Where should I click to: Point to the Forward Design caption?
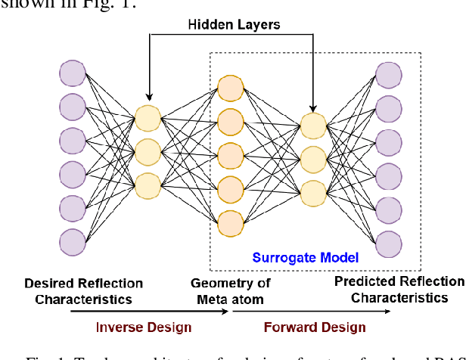click(x=314, y=327)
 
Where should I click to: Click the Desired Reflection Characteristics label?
click(x=83, y=291)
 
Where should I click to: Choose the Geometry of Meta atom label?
click(x=228, y=291)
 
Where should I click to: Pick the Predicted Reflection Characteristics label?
click(x=399, y=290)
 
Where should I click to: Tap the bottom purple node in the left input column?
click(x=73, y=241)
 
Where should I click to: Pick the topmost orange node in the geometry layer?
click(x=230, y=87)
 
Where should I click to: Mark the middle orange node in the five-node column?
click(x=230, y=154)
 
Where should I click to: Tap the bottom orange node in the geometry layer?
click(x=230, y=221)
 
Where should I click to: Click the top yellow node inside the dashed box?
click(x=312, y=124)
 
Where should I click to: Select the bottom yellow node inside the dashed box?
click(x=312, y=191)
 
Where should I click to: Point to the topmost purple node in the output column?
click(x=388, y=74)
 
